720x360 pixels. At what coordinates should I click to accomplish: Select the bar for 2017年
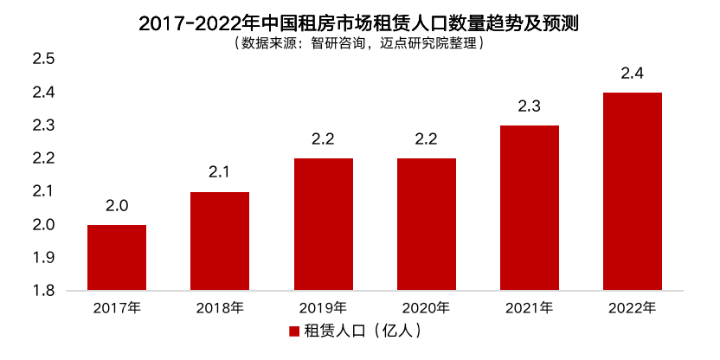117,257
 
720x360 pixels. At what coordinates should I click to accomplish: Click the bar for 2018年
220,241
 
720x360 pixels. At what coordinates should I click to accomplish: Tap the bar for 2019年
323,224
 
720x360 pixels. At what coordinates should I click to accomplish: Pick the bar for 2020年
426,224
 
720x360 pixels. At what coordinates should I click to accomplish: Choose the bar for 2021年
529,208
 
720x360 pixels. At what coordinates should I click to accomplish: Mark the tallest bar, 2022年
632,191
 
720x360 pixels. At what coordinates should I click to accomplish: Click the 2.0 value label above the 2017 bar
117,206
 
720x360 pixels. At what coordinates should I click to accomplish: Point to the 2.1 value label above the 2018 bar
220,173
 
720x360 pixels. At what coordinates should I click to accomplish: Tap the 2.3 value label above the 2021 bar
529,106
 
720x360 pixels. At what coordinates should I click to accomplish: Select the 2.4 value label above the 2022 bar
632,74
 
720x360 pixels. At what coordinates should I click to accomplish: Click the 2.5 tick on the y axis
43,60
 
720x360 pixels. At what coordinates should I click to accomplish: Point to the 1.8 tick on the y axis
43,291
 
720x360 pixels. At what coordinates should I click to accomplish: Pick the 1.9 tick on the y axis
43,258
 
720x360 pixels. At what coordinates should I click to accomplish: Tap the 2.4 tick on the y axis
43,93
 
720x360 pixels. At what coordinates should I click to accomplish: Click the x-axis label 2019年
323,307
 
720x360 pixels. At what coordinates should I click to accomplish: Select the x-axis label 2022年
632,307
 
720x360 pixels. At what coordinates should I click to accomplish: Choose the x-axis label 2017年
117,307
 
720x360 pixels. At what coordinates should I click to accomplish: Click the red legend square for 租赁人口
294,331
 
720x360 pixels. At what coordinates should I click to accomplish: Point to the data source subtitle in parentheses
359,42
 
